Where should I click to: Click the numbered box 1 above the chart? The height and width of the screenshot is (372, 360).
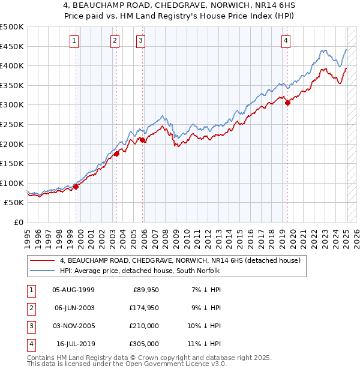click(x=74, y=41)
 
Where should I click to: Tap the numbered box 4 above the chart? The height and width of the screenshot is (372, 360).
click(x=286, y=41)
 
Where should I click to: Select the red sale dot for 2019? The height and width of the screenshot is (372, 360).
click(x=287, y=103)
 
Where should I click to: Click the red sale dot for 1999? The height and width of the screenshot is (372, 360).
click(x=76, y=187)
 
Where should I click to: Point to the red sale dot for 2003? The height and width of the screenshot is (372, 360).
click(x=116, y=154)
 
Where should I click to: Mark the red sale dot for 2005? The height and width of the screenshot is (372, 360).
click(x=142, y=140)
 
